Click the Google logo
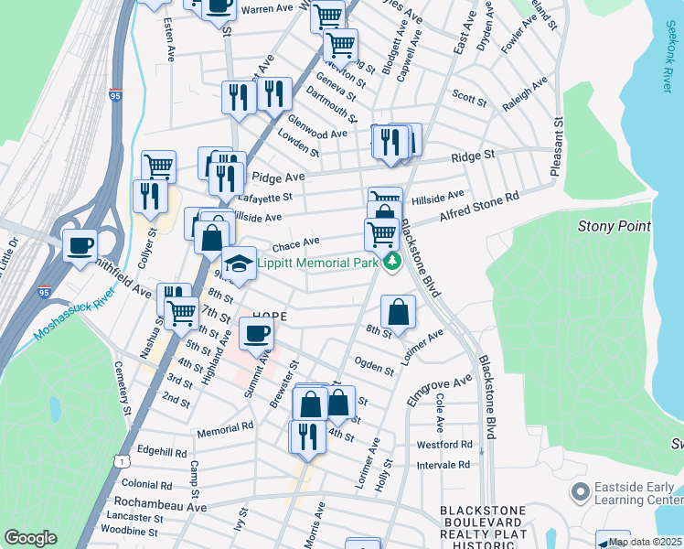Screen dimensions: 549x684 [30, 538]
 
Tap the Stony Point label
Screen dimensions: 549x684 [614, 226]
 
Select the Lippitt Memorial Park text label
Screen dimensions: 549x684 [317, 263]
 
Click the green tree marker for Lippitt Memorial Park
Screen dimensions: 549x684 [392, 263]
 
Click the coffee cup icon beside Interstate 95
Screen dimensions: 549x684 [80, 244]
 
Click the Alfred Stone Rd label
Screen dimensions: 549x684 [479, 205]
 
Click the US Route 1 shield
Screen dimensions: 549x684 [121, 460]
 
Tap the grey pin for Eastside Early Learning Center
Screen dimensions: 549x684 [578, 493]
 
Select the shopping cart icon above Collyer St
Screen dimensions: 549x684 [158, 166]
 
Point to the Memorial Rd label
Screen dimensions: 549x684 [223, 428]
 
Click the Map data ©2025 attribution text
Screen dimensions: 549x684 [645, 542]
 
